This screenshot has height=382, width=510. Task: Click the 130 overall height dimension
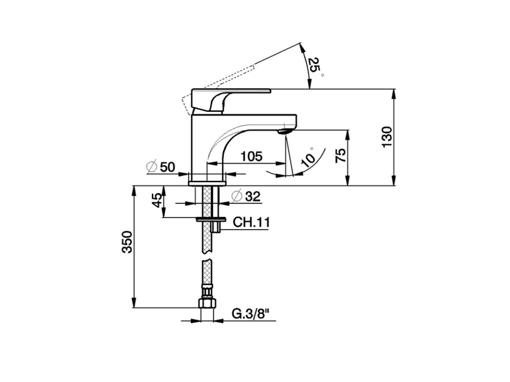(x=387, y=137)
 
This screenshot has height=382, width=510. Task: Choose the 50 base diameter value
(x=167, y=167)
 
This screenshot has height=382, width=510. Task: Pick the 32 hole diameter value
(x=252, y=196)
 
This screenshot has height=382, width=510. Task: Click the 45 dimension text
(x=158, y=200)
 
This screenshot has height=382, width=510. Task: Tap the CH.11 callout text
(x=251, y=222)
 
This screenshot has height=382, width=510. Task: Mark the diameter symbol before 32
(x=236, y=196)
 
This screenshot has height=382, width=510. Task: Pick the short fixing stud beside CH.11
(x=217, y=227)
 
